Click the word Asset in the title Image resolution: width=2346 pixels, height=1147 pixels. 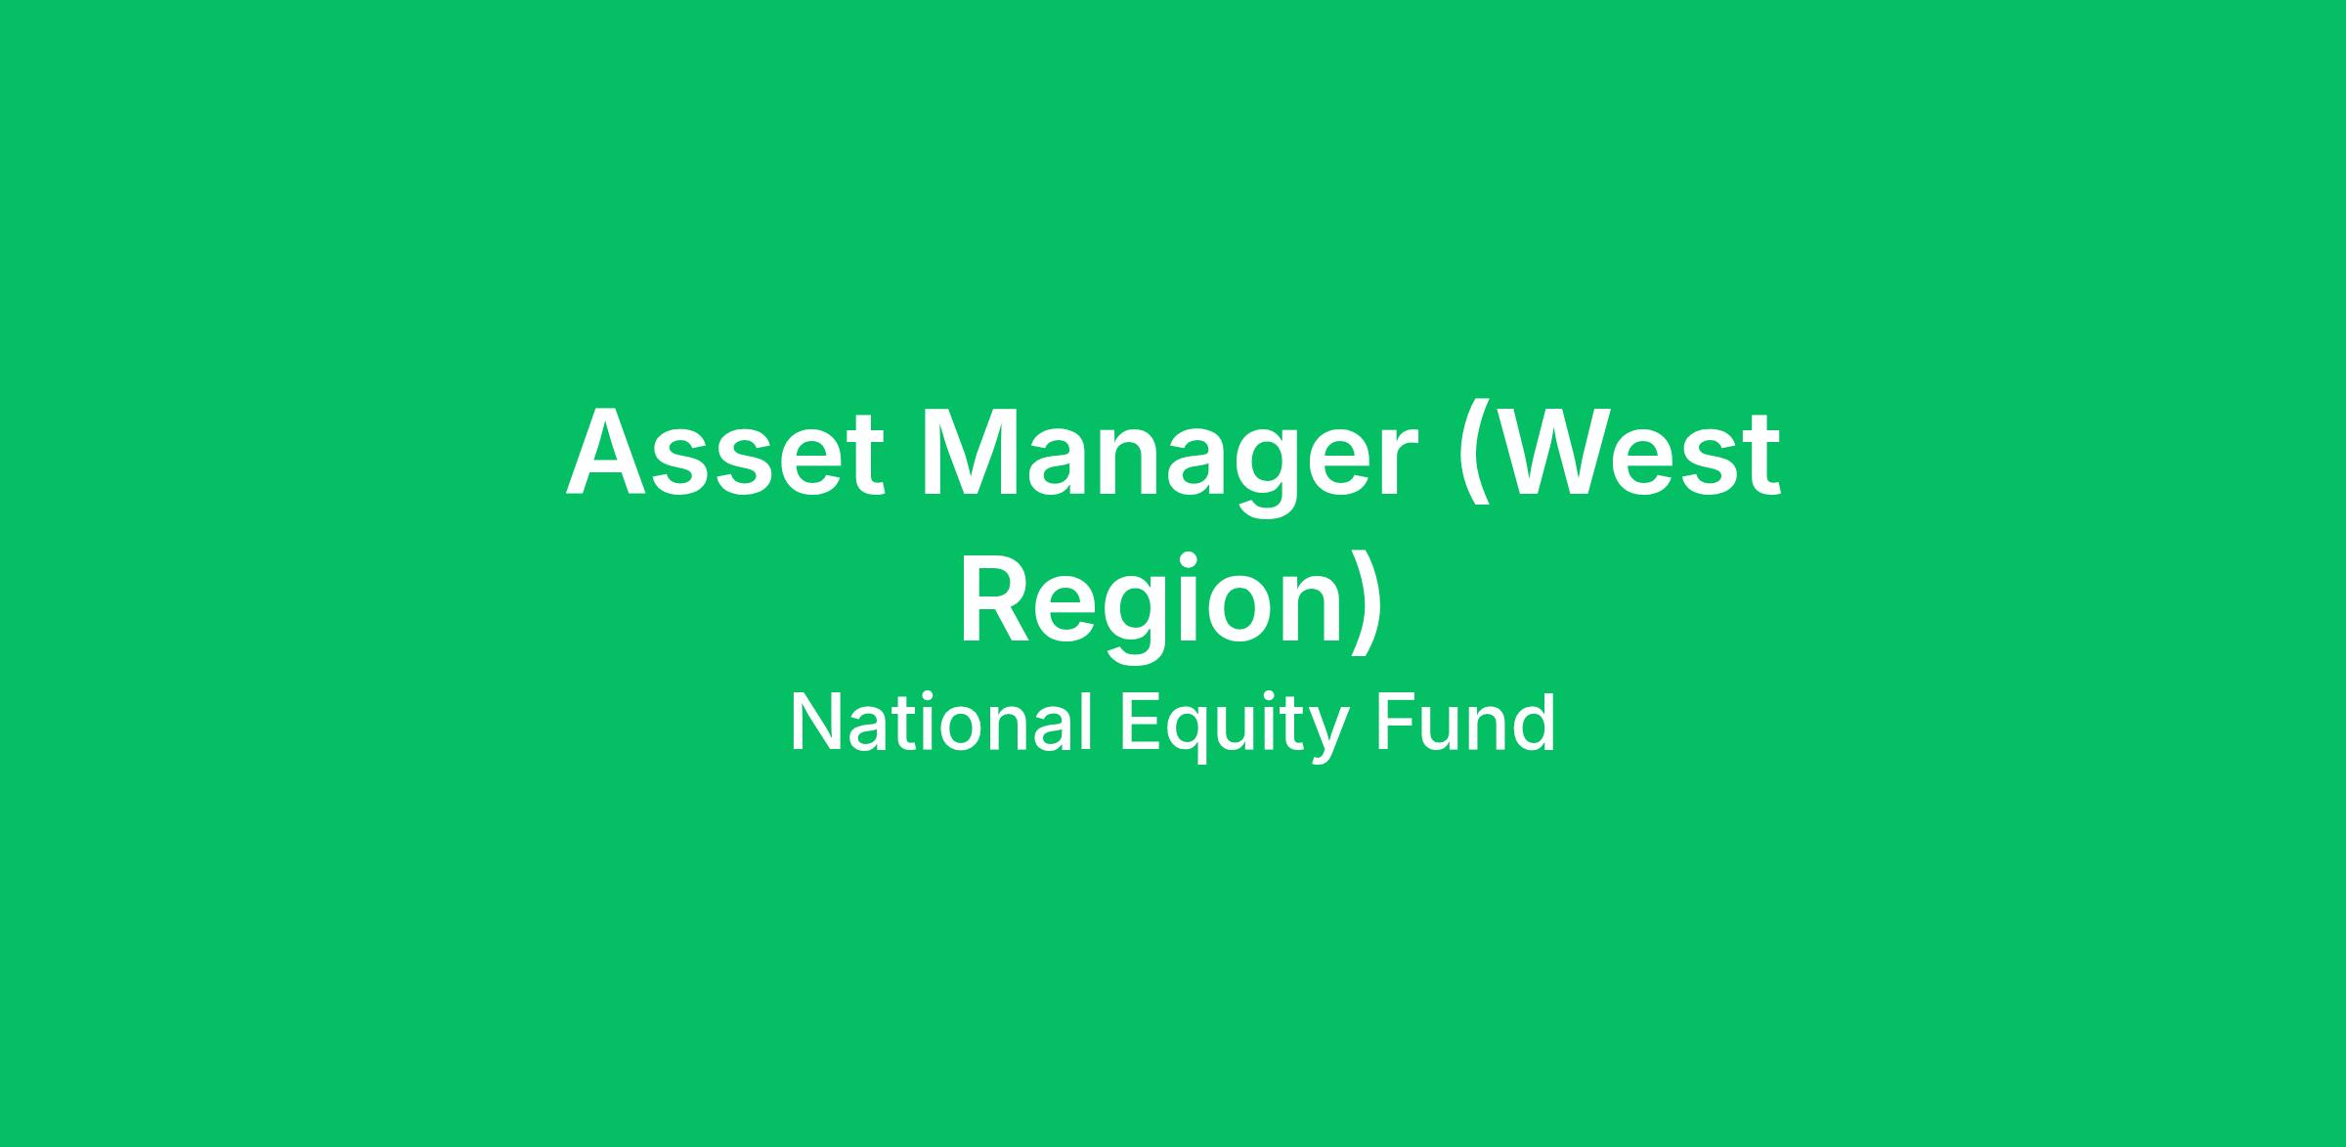(x=725, y=452)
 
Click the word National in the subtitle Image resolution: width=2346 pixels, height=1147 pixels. (x=941, y=724)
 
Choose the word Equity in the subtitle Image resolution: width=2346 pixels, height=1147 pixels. (x=1235, y=729)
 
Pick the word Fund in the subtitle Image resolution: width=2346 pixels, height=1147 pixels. (x=1464, y=724)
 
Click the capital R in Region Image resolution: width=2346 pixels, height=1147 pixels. (x=999, y=598)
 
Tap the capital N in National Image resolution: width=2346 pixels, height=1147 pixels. (x=816, y=723)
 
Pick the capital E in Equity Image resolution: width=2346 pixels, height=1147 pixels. (x=1142, y=723)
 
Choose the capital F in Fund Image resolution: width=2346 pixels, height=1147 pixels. (x=1397, y=723)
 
